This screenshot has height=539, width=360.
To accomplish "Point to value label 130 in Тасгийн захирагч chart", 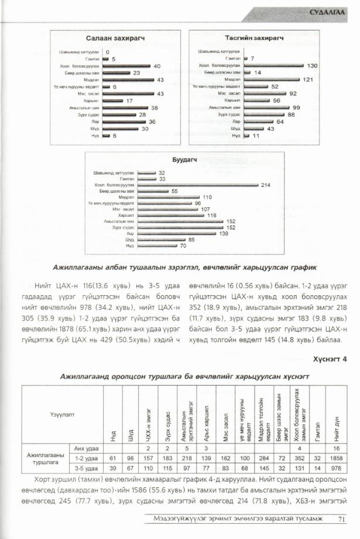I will click(x=312, y=66).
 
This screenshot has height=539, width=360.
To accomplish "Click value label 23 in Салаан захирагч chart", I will click(x=136, y=73).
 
